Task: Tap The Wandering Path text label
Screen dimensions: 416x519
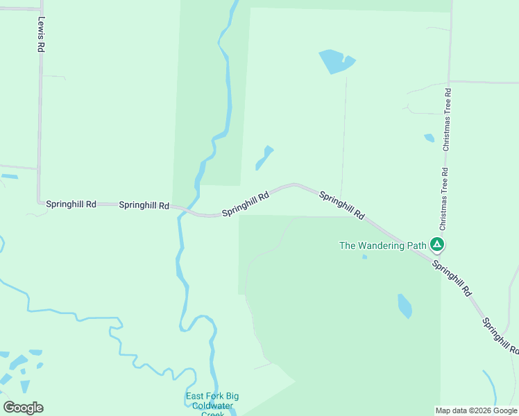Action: pos(382,245)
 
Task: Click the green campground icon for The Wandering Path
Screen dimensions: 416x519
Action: pos(437,244)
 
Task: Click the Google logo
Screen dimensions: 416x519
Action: pos(23,407)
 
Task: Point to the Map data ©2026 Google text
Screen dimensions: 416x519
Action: pos(476,410)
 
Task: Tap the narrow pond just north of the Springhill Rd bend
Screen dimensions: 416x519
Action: pos(264,158)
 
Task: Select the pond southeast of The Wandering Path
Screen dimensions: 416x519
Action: pos(405,305)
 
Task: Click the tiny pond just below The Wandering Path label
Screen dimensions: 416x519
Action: pos(364,257)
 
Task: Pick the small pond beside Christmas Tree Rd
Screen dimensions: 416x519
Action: pos(429,138)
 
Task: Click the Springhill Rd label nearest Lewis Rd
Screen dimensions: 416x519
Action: pos(71,205)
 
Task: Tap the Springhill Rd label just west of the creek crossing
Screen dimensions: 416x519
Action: pos(144,205)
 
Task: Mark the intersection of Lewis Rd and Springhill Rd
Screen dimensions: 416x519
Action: pos(38,202)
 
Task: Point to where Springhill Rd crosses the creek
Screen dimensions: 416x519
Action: pos(182,210)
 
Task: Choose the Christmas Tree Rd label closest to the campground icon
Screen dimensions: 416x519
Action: pos(444,199)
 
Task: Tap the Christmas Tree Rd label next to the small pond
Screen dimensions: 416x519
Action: pos(448,119)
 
